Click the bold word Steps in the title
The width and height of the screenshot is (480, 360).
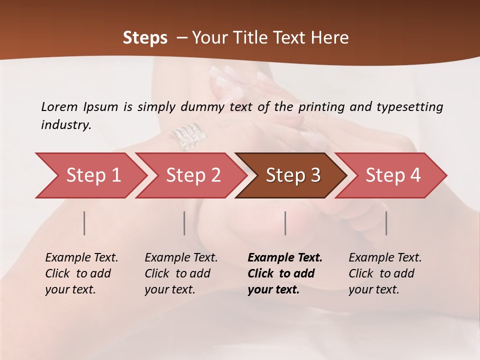click(145, 38)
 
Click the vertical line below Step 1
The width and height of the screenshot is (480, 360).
click(84, 223)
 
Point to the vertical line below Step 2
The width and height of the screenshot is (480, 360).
click(184, 223)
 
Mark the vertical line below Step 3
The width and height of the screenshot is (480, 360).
click(285, 223)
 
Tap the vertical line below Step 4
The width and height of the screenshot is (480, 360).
click(386, 223)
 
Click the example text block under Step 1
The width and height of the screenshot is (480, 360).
click(81, 273)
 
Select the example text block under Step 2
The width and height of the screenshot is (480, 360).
click(181, 273)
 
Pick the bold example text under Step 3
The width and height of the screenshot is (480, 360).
click(285, 273)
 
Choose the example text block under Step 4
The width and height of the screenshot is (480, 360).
click(385, 273)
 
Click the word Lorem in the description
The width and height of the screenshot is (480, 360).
click(59, 106)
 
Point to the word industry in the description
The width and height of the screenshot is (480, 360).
click(66, 125)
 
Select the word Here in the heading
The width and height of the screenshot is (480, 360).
click(332, 38)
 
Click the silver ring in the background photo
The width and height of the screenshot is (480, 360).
click(186, 135)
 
